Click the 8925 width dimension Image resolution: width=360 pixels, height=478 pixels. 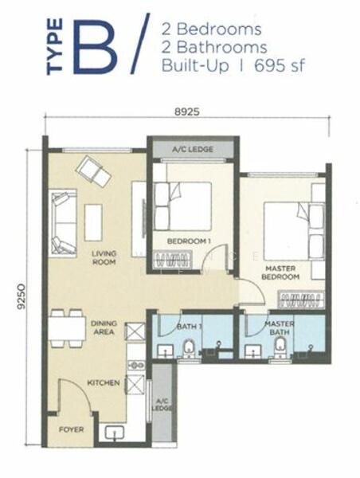[187, 112]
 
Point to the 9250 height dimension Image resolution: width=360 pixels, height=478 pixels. [22, 297]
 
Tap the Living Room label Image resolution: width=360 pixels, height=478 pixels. [104, 257]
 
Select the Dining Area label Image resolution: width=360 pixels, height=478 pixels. [104, 327]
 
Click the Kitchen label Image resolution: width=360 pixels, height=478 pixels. [104, 382]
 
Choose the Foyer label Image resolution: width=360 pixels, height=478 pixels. [71, 429]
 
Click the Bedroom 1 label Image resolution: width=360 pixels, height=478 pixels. [189, 241]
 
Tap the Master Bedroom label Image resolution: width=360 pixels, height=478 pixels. [280, 272]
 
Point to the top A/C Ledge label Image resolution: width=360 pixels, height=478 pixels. [193, 150]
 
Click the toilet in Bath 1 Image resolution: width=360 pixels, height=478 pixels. [189, 349]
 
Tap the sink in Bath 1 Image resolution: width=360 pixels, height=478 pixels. [166, 351]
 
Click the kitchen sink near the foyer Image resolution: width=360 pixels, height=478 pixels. [115, 433]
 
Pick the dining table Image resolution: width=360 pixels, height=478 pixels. [67, 328]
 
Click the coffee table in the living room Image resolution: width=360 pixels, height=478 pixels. [93, 223]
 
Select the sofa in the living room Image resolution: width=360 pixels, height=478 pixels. [63, 222]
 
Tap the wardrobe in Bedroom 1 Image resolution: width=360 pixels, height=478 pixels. [173, 260]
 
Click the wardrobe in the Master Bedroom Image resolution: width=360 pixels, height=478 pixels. [301, 299]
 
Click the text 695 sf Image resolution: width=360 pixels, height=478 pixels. [280, 65]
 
